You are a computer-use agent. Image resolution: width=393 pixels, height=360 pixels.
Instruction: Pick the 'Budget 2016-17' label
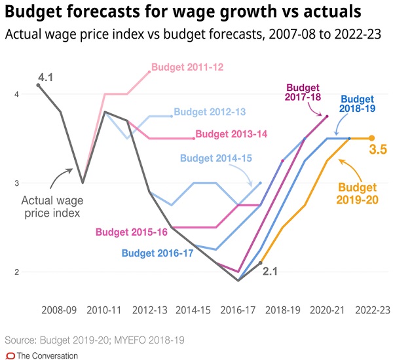click(x=157, y=253)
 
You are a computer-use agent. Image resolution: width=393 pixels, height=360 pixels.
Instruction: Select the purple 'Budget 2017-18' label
click(x=302, y=92)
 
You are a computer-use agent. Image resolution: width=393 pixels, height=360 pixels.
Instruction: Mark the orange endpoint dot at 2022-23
click(x=371, y=138)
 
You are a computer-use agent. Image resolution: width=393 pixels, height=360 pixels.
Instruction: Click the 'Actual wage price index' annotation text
click(x=51, y=207)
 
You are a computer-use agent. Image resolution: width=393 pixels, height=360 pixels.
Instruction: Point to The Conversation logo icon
click(x=9, y=355)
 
